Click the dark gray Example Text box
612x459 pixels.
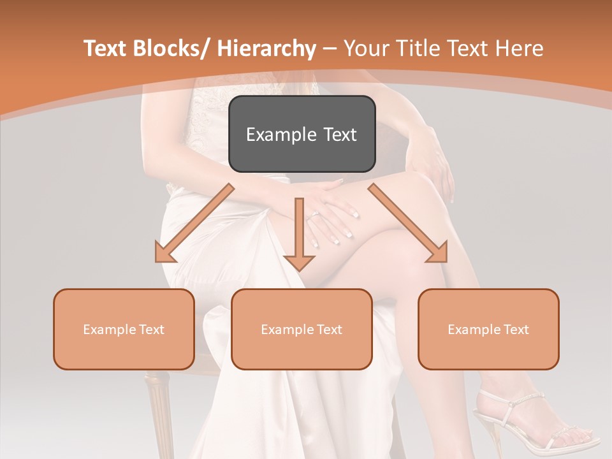302,134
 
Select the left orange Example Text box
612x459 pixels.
124,329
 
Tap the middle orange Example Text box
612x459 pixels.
302,329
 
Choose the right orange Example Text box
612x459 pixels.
488,329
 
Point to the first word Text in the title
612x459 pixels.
105,48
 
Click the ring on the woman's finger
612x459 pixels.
315,215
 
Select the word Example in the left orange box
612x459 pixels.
110,329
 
